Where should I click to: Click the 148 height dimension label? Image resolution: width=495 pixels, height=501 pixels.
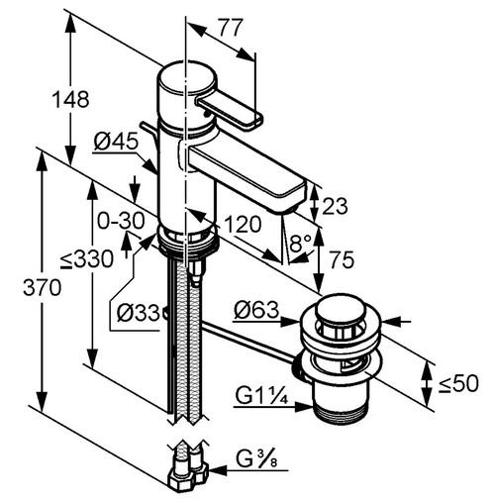point(71,99)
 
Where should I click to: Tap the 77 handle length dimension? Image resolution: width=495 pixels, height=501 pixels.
point(231,28)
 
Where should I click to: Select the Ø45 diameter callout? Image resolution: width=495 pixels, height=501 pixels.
point(116,142)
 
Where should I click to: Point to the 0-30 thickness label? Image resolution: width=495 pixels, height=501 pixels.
point(121,221)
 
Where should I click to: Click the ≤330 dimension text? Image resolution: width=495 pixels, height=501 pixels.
point(87,259)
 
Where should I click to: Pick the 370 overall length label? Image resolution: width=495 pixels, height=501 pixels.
point(43,287)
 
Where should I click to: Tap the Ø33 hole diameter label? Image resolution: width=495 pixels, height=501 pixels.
point(138,312)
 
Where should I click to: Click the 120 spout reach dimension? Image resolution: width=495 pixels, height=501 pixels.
point(243,224)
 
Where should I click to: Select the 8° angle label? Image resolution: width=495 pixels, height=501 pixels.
point(300,243)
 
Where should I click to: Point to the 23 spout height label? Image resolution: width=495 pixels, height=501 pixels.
point(335,206)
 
